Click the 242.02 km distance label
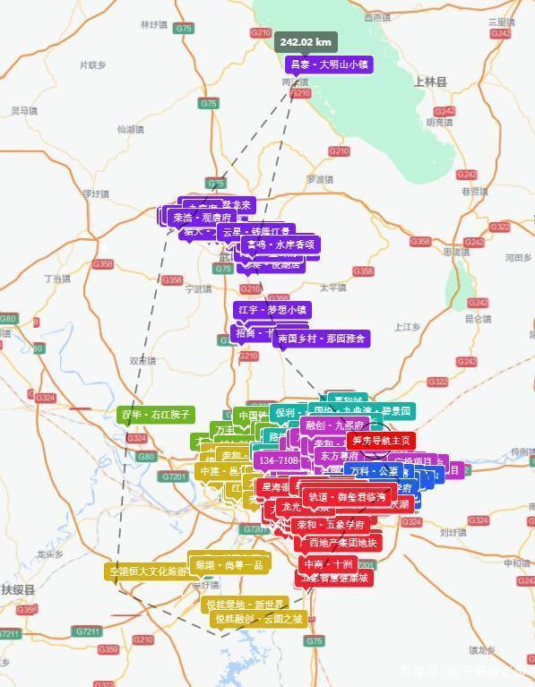pos(306,42)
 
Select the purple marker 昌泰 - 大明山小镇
pos(328,64)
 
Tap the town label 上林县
pos(430,81)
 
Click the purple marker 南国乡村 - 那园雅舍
pos(321,339)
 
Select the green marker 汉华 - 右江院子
pos(156,415)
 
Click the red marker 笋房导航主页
pos(381,441)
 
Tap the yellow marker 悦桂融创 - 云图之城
pos(258,619)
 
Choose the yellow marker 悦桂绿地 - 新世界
pos(245,605)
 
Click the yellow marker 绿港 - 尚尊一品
pos(229,565)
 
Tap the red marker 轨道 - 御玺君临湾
pos(347,497)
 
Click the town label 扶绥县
pos(17,590)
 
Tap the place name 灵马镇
pos(23,110)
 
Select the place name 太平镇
pos(332,288)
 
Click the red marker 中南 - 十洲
pos(328,564)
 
